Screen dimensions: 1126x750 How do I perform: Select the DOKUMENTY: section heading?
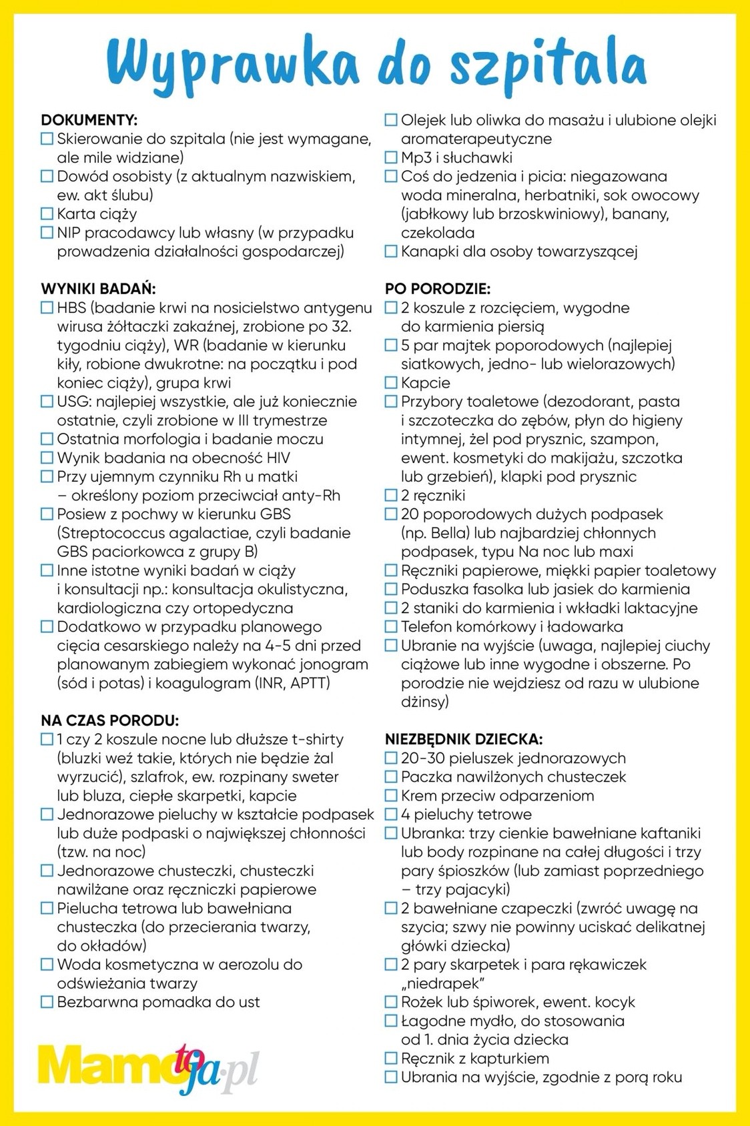pos(89,120)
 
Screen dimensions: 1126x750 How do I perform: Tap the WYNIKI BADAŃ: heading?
pos(98,289)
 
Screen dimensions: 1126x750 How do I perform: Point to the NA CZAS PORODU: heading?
pos(109,720)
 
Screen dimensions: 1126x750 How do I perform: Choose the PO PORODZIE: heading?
pos(437,289)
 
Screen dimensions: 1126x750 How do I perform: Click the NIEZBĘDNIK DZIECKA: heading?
pos(464,739)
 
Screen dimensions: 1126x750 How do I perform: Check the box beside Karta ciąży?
pos(47,214)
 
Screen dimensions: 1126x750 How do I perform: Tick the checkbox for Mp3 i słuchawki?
pos(391,158)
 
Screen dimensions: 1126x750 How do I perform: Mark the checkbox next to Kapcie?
pos(391,383)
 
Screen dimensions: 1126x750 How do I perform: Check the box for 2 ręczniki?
pos(391,496)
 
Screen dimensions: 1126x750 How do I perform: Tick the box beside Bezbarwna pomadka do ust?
pos(47,1002)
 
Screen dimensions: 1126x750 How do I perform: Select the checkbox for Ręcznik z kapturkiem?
pos(391,1059)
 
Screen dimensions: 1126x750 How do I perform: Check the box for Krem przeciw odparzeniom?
pos(391,796)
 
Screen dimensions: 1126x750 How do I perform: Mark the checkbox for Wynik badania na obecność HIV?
pos(47,458)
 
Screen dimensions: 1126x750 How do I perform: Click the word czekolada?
pos(438,233)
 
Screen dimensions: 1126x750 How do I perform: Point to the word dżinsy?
pos(424,702)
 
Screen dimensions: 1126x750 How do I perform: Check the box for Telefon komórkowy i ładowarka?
pos(391,627)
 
